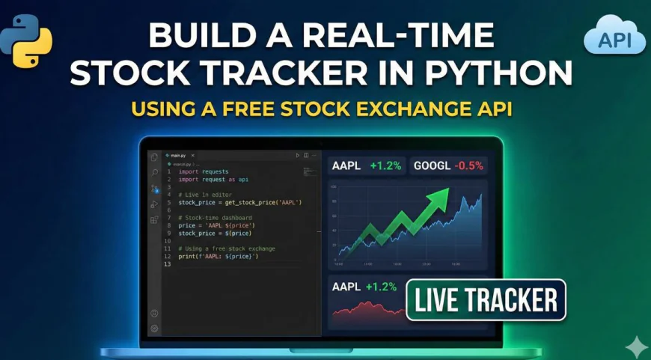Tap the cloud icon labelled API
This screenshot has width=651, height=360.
click(x=614, y=38)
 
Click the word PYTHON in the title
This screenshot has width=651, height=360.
click(x=506, y=73)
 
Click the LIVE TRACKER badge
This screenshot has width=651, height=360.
click(x=486, y=299)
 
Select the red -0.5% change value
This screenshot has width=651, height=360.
click(x=469, y=165)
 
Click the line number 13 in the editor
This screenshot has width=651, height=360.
click(x=169, y=264)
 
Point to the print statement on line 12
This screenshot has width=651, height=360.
click(x=218, y=257)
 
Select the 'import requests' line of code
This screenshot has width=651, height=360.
click(x=203, y=171)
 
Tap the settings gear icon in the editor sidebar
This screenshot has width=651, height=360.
click(x=154, y=328)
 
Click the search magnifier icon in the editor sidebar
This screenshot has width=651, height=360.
click(x=154, y=172)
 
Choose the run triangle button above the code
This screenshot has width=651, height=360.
click(x=298, y=155)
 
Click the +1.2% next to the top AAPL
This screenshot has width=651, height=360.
click(x=385, y=165)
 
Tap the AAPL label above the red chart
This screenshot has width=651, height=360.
click(x=346, y=287)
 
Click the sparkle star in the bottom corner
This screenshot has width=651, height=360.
click(x=635, y=346)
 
